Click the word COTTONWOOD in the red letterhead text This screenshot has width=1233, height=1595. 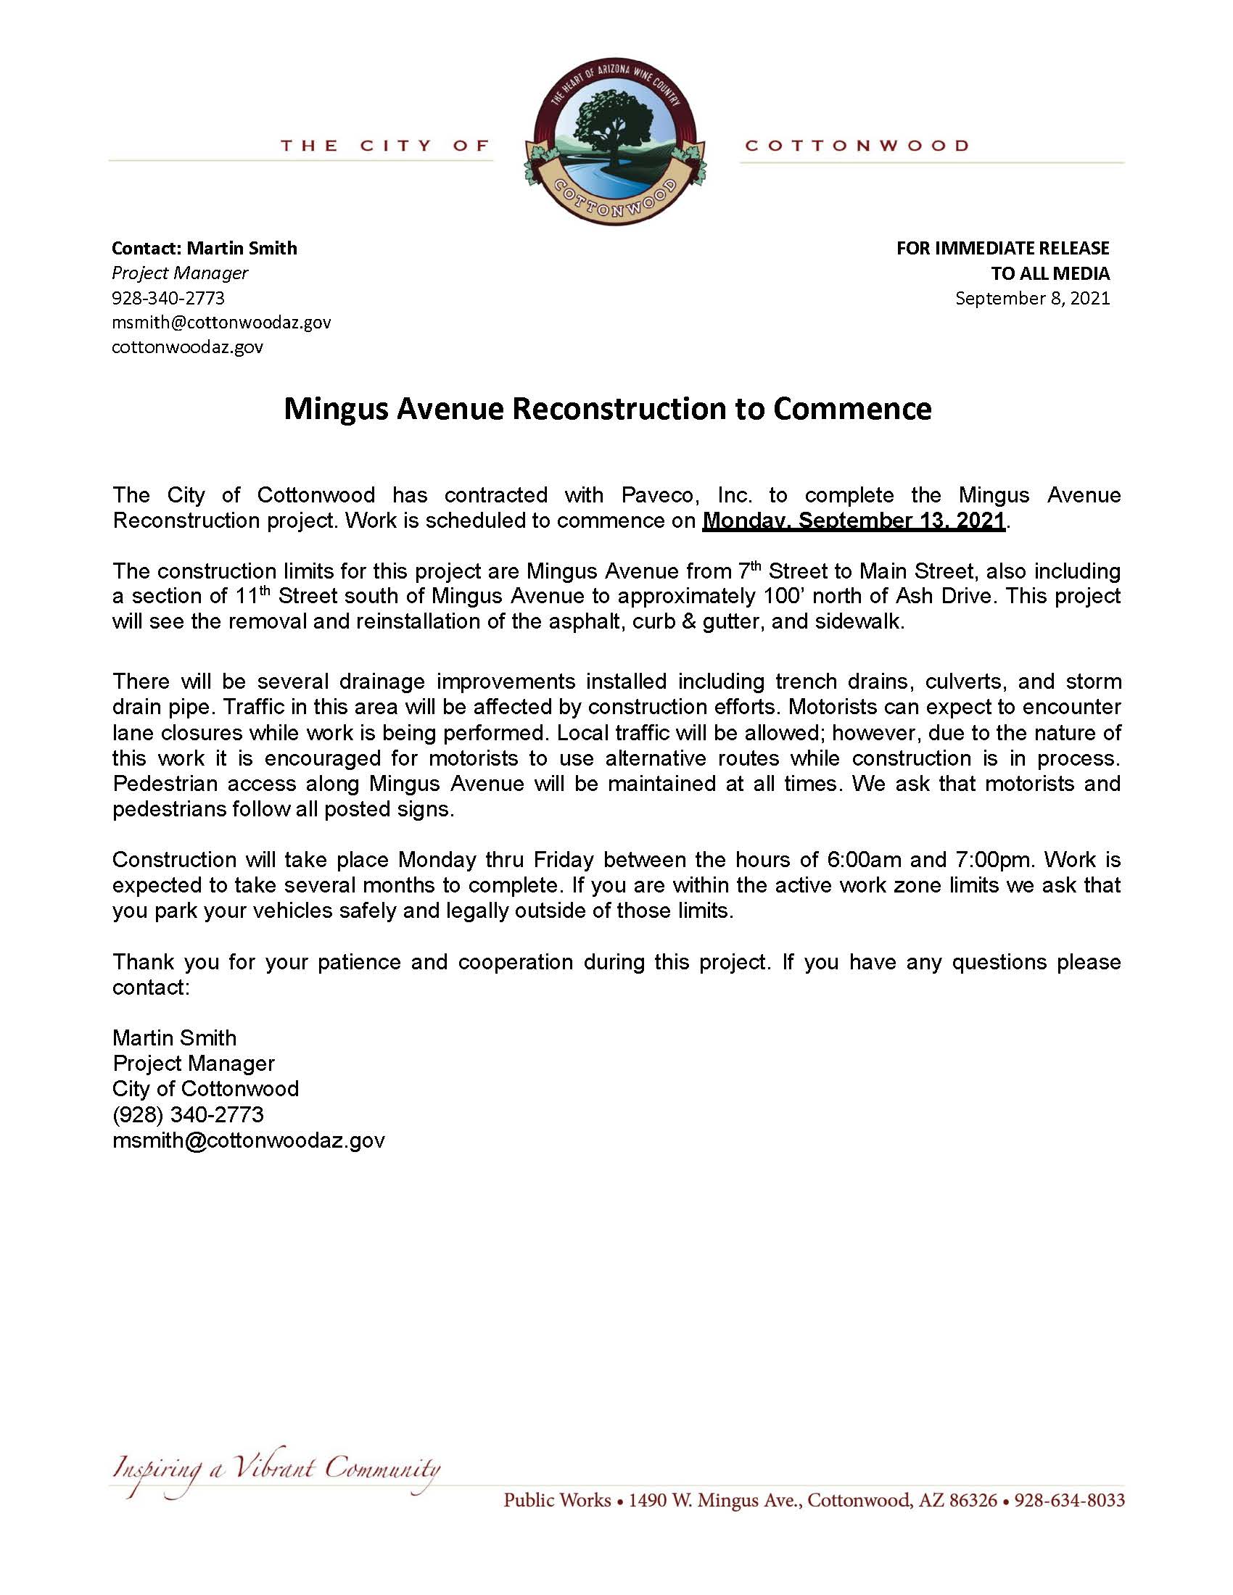click(x=856, y=146)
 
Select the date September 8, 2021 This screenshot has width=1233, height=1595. click(x=1032, y=298)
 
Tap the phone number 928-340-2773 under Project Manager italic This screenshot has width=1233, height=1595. click(x=168, y=298)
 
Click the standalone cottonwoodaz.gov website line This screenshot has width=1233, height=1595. click(x=187, y=347)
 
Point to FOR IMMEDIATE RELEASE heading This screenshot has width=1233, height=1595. click(x=1002, y=248)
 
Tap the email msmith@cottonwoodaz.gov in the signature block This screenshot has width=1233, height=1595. click(x=248, y=1140)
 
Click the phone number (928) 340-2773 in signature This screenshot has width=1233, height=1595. click(x=188, y=1114)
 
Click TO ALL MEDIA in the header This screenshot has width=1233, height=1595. click(x=1050, y=273)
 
